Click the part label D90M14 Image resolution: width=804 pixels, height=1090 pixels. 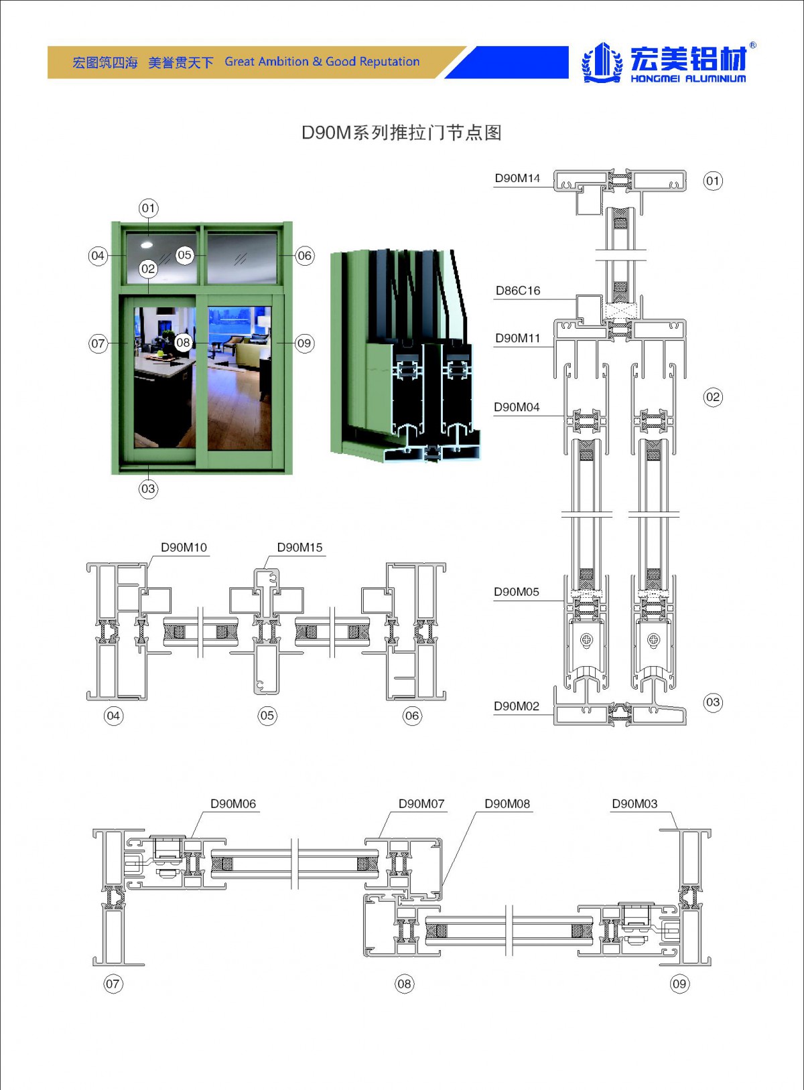(x=517, y=178)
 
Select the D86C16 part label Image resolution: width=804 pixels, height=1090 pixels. (x=517, y=291)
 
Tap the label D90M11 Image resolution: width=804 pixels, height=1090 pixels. (x=517, y=338)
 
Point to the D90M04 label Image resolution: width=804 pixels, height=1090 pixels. (x=517, y=407)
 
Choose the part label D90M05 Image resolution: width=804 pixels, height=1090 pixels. (x=517, y=592)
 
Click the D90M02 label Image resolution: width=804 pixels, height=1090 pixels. (x=517, y=706)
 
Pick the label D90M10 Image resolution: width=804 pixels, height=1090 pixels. (x=184, y=548)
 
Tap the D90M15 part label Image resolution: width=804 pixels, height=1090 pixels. (x=299, y=548)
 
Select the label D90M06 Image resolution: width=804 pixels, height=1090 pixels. (x=233, y=804)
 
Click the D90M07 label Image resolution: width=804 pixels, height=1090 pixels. (x=421, y=804)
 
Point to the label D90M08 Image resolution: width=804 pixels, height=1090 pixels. (x=507, y=804)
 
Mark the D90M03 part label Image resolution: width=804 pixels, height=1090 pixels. (x=634, y=804)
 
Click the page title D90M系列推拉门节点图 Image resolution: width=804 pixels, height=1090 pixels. (x=401, y=133)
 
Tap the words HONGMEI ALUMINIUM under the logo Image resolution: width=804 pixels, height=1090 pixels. (x=688, y=79)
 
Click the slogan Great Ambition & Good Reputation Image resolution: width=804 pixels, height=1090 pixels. (x=322, y=62)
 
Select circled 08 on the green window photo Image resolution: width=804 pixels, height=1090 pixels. (x=183, y=343)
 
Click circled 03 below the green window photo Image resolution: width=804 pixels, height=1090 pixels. (x=148, y=489)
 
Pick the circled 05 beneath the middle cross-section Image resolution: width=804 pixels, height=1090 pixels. (x=267, y=716)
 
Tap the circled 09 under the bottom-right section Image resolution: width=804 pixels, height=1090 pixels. (x=679, y=984)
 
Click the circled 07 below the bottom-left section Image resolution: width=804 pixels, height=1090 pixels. (x=113, y=984)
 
